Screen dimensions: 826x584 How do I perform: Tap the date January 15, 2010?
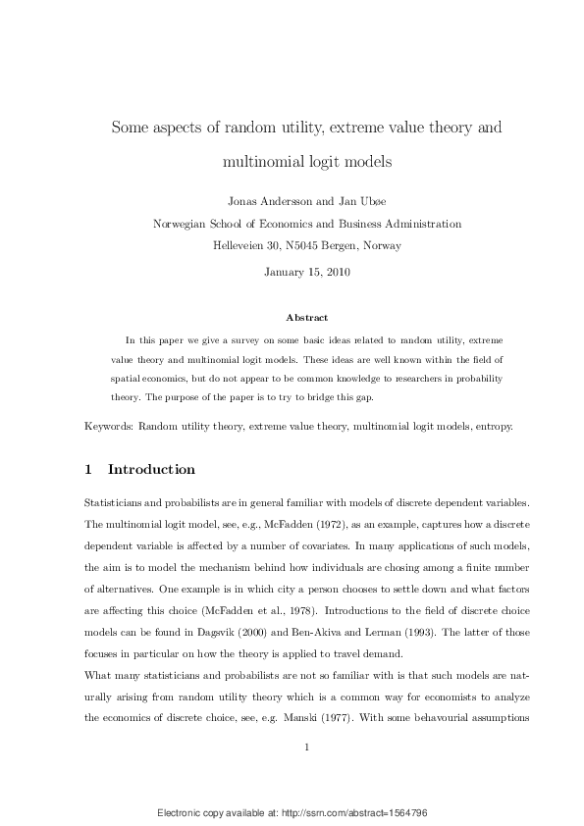[x=307, y=272]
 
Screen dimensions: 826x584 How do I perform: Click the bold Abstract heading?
[x=306, y=318]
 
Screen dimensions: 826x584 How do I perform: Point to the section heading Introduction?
[x=151, y=469]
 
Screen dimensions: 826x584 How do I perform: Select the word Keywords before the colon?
[x=108, y=428]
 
